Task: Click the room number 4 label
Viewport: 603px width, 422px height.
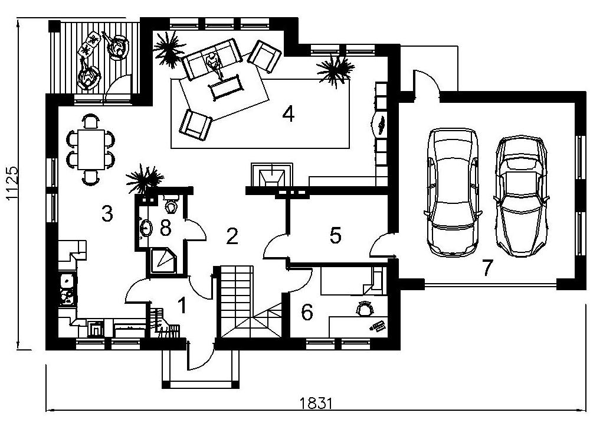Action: (x=288, y=113)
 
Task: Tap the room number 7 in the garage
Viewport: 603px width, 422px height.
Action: (x=487, y=268)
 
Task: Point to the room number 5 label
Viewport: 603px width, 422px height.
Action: (x=335, y=235)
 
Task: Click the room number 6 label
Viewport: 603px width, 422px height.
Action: (x=307, y=311)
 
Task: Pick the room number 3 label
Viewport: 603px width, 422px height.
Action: (x=107, y=213)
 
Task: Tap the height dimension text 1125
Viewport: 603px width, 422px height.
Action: (x=12, y=183)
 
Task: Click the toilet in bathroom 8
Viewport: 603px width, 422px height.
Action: (x=172, y=206)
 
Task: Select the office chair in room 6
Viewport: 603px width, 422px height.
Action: (x=366, y=309)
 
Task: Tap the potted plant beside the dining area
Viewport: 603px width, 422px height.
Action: (x=143, y=178)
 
